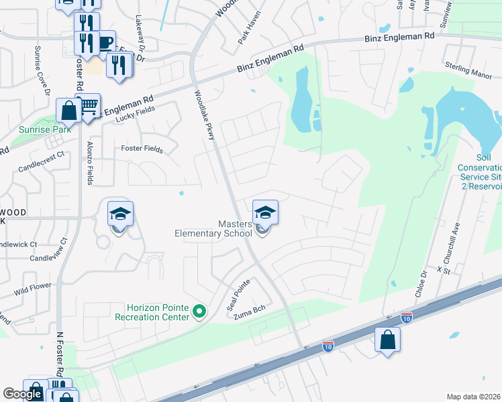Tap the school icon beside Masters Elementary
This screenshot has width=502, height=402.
265,213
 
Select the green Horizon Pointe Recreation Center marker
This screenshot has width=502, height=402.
199,312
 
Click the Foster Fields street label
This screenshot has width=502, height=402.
142,149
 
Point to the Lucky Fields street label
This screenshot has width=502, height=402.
135,113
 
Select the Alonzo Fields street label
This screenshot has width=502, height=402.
91,163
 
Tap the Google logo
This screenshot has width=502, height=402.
22,394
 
